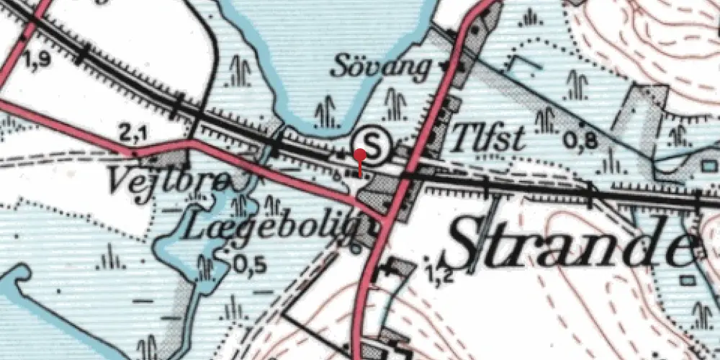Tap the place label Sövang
coord(382,67)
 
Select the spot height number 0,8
coord(581,141)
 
